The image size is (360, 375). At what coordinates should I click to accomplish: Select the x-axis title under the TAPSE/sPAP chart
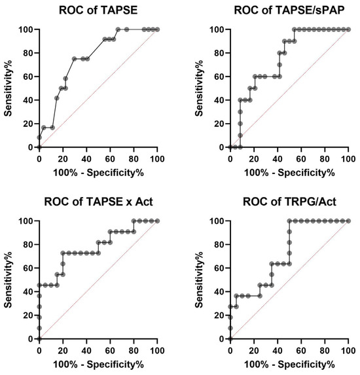coord(289,172)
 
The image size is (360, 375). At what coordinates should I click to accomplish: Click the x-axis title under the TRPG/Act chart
coord(289,364)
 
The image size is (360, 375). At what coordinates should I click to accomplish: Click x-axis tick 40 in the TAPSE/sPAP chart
coord(278,158)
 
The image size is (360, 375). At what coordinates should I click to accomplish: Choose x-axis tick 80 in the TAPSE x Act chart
coord(134,350)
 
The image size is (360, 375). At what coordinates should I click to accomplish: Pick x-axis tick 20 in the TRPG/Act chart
coord(254,350)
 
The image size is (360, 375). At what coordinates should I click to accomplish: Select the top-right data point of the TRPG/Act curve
coord(348,221)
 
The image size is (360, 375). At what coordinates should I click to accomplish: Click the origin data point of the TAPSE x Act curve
coord(39,339)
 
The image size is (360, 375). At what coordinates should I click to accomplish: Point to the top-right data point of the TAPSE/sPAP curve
coord(348,29)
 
